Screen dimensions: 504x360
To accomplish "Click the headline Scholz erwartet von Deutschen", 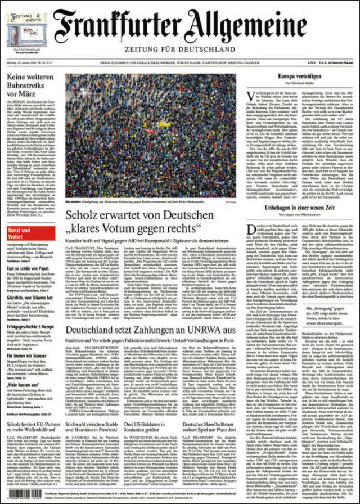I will (132, 222).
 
